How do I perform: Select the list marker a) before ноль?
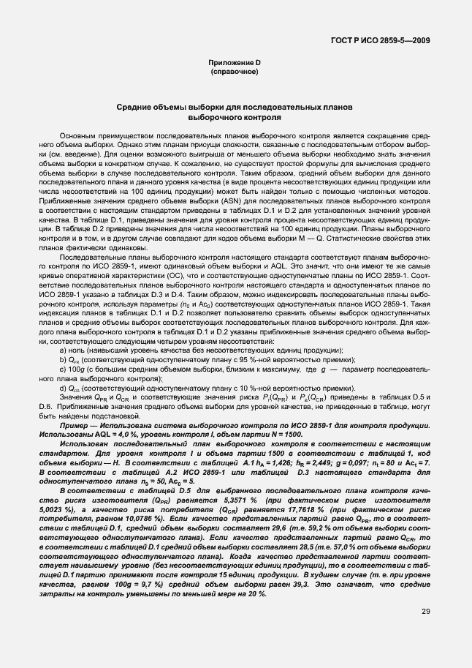point(63,350)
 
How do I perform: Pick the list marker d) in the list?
point(63,388)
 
